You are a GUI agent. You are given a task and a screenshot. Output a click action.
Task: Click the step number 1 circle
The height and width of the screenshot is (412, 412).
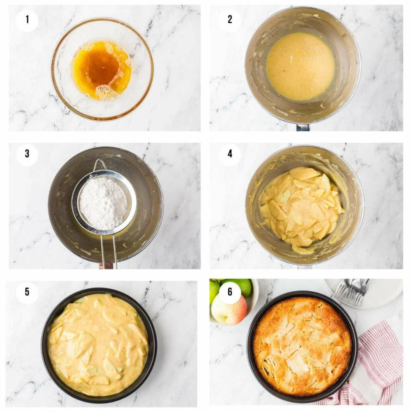(x=27, y=19)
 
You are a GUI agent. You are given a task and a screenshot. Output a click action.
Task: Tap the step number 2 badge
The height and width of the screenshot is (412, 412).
(x=230, y=19)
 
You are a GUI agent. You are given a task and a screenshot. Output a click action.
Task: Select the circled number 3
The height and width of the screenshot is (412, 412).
(x=27, y=154)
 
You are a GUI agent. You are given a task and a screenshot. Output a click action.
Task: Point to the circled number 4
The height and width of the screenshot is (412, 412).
(x=230, y=154)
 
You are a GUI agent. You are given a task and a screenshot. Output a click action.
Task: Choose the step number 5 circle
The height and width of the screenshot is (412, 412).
(x=27, y=292)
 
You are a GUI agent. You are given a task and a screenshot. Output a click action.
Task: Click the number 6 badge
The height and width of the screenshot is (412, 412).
(x=230, y=292)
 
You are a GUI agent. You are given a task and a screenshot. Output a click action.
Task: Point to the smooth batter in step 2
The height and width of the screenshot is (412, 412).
(x=300, y=66)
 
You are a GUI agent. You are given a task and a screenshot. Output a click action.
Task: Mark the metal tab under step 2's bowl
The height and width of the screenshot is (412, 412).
(x=303, y=128)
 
